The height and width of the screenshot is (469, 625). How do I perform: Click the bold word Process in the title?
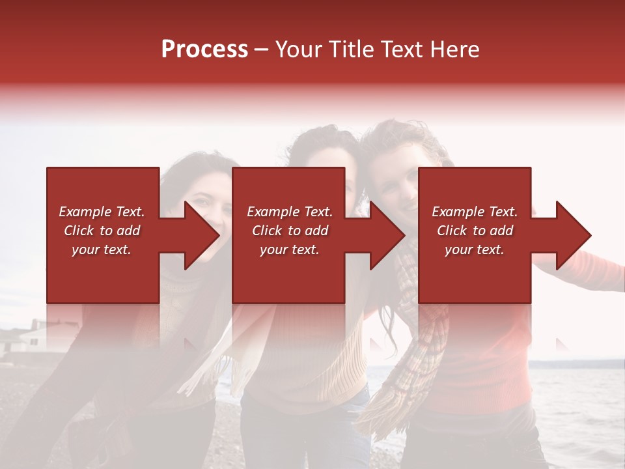click(204, 50)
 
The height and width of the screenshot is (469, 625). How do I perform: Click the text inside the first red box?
click(102, 231)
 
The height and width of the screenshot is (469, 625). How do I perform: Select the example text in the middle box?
click(289, 231)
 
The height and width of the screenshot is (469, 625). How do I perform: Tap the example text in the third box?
click(475, 231)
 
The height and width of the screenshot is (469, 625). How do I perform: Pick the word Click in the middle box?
click(266, 231)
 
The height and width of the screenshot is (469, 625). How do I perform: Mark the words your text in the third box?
click(475, 249)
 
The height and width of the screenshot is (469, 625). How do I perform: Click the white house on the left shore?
click(33, 339)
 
